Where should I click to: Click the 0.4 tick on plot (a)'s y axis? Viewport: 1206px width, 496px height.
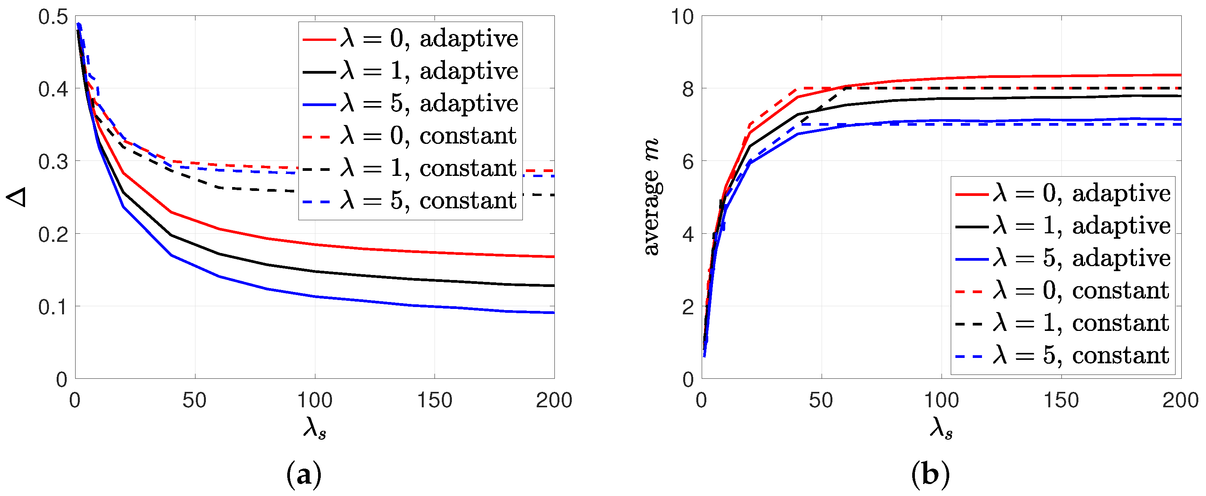[x=53, y=89]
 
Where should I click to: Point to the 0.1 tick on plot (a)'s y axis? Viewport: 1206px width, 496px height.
[x=53, y=307]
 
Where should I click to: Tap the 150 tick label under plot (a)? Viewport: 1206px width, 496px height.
[x=435, y=400]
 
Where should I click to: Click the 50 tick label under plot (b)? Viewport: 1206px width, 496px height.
[x=821, y=400]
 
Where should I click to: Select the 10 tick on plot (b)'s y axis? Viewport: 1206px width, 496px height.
[x=682, y=17]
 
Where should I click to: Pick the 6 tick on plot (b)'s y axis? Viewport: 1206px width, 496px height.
[x=688, y=162]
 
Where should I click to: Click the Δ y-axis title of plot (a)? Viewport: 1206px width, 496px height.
[x=16, y=197]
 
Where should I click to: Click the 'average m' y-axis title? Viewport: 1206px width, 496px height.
[x=651, y=197]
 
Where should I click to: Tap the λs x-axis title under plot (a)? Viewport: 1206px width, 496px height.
[x=315, y=427]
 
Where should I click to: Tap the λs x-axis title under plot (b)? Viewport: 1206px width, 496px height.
[x=941, y=427]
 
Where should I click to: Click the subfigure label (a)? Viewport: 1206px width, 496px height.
[x=303, y=474]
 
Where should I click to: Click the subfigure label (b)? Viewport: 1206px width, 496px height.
[x=930, y=474]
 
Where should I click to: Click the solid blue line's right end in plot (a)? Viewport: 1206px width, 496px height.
[x=553, y=312]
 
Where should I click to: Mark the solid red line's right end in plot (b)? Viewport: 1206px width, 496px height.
[x=1180, y=75]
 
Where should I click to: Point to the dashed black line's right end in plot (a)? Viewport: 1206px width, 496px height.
[x=553, y=195]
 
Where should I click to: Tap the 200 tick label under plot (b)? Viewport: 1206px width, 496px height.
[x=1180, y=400]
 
